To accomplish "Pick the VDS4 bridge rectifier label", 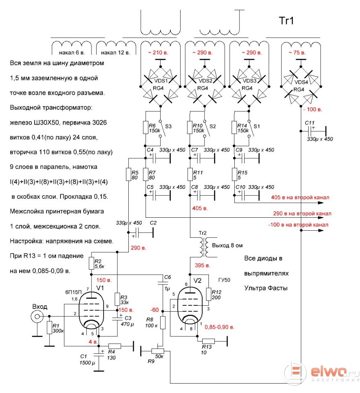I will coord(301,82).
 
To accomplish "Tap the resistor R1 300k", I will coord(49,328).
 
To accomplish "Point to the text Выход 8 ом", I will coord(227,245).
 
